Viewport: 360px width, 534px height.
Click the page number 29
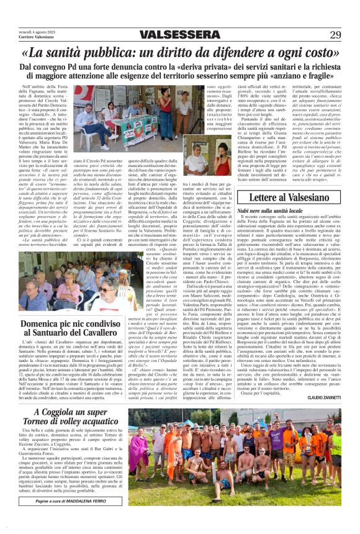click(335, 34)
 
